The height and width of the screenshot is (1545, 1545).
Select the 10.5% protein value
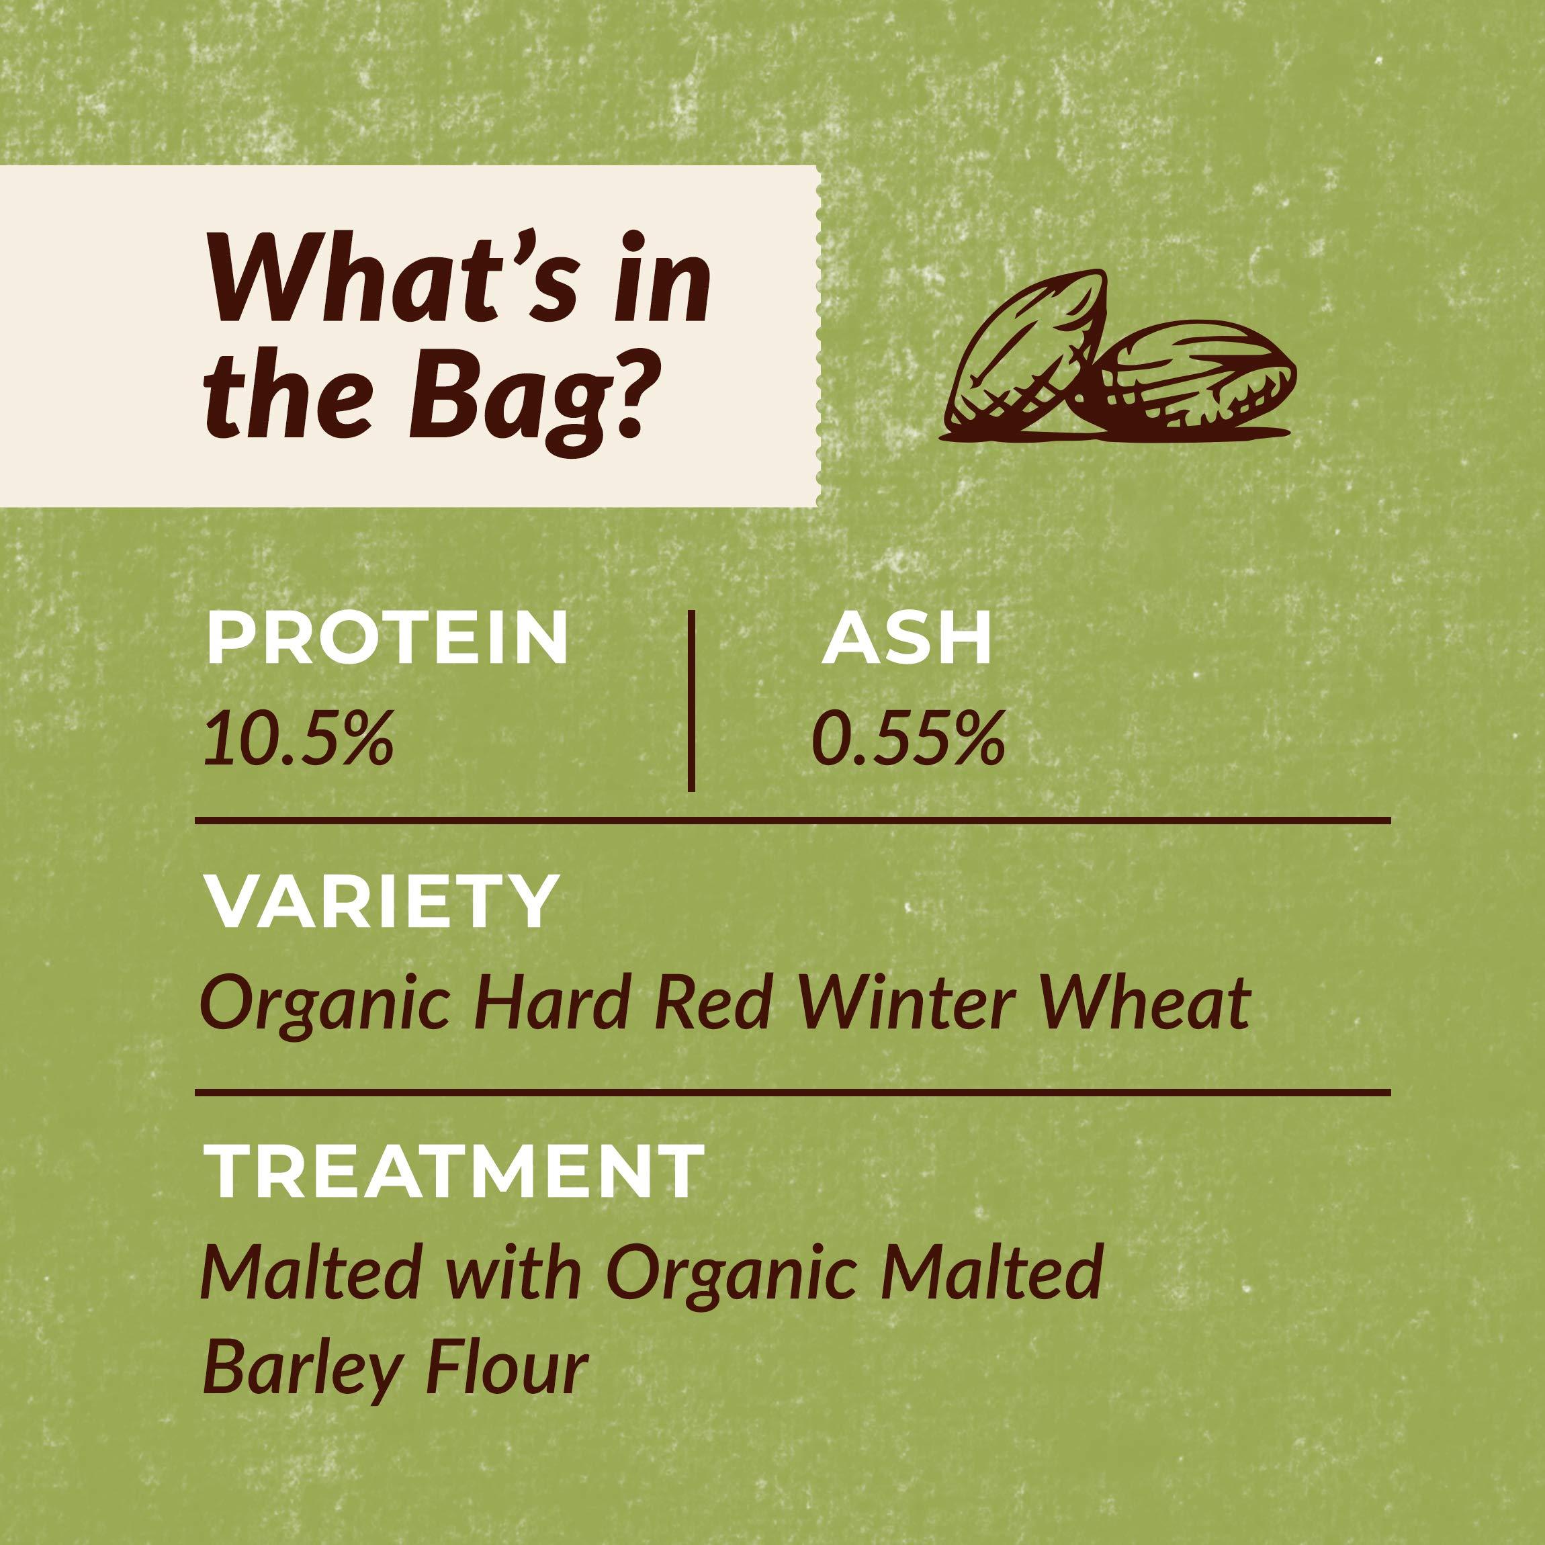click(x=298, y=740)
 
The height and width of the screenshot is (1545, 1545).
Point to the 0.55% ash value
click(x=908, y=740)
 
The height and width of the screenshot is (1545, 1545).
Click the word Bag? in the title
click(x=525, y=398)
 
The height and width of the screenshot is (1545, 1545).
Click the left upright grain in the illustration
click(x=1025, y=360)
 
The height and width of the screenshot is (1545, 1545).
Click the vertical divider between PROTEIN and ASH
click(x=691, y=701)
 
